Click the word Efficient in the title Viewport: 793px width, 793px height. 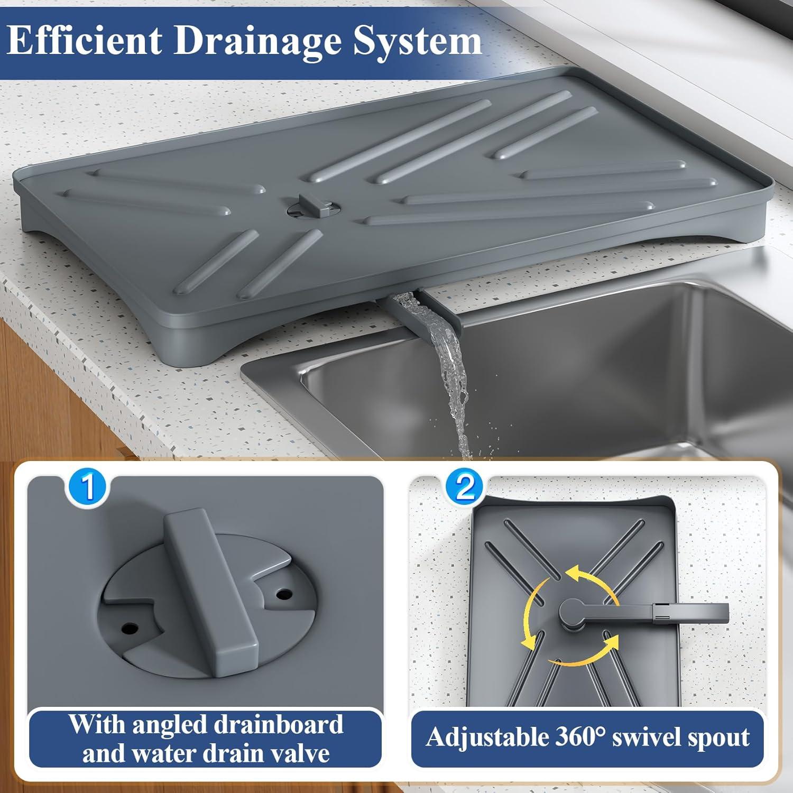[x=85, y=40]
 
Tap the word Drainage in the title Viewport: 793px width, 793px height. [x=257, y=41]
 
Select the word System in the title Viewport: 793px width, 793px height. [x=417, y=41]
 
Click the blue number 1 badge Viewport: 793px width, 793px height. [x=88, y=487]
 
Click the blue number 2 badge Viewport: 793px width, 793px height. [x=465, y=487]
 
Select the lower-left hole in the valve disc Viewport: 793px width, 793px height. [x=128, y=629]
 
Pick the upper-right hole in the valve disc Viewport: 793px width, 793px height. [x=284, y=593]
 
